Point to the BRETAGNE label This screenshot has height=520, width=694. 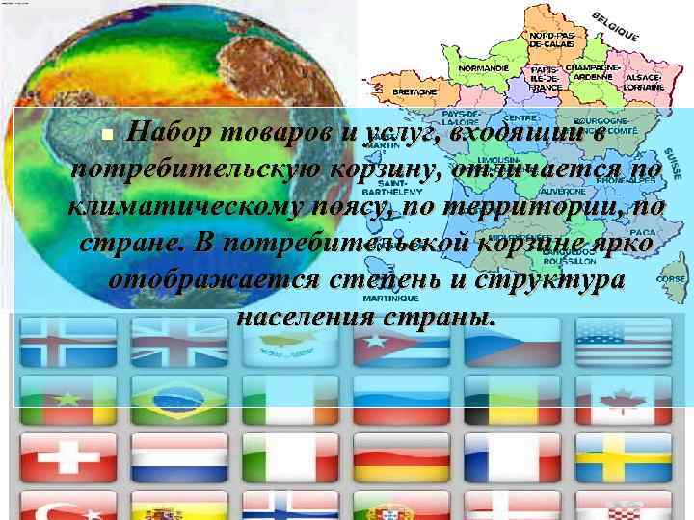pyautogui.click(x=414, y=91)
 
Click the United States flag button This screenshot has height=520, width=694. pyautogui.click(x=616, y=342)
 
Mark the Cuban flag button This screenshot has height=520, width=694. pyautogui.click(x=394, y=342)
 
